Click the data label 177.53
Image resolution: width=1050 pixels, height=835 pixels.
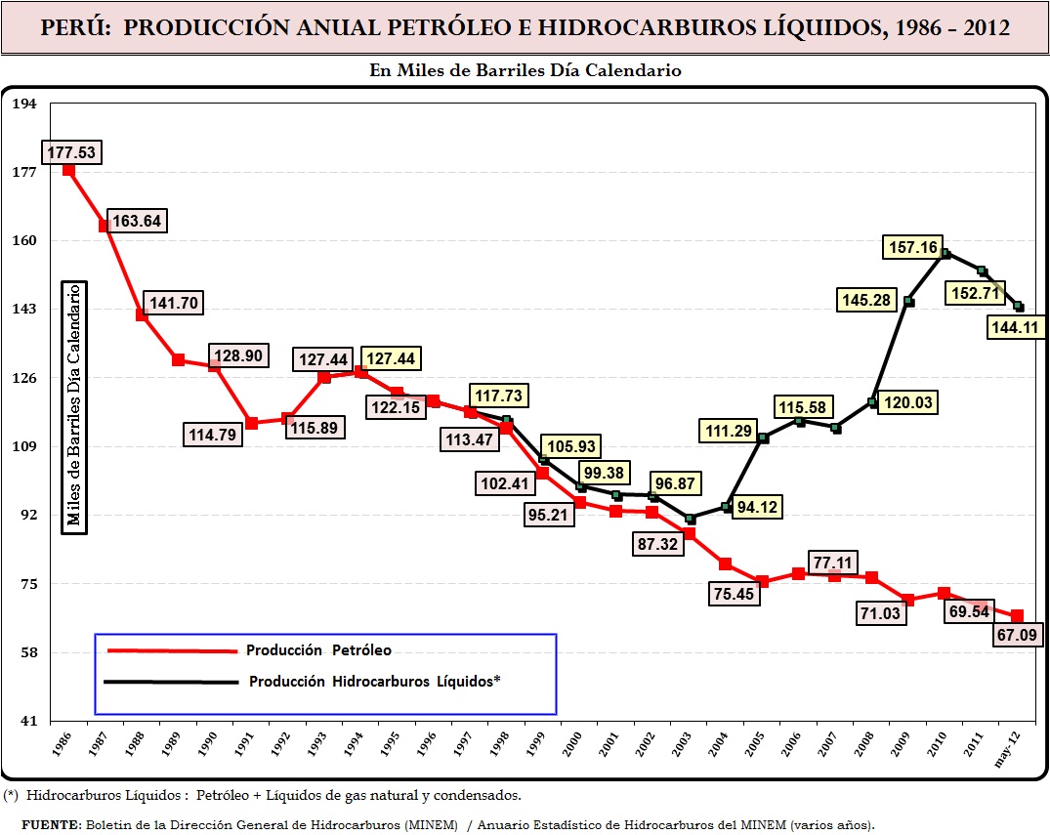71,152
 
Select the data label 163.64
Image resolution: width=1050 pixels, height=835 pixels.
137,221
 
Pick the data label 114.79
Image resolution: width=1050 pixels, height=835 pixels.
213,435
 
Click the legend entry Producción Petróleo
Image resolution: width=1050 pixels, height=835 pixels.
318,650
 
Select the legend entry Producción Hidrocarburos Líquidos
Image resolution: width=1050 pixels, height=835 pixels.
374,682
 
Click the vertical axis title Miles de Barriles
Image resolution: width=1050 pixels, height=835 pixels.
74,407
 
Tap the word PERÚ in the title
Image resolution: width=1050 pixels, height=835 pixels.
75,27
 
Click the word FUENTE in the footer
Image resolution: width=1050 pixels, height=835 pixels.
51,823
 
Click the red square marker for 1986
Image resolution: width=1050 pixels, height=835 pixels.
68,170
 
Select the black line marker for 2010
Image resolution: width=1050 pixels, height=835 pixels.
945,253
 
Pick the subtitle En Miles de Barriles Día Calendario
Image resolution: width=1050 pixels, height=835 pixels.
525,70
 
